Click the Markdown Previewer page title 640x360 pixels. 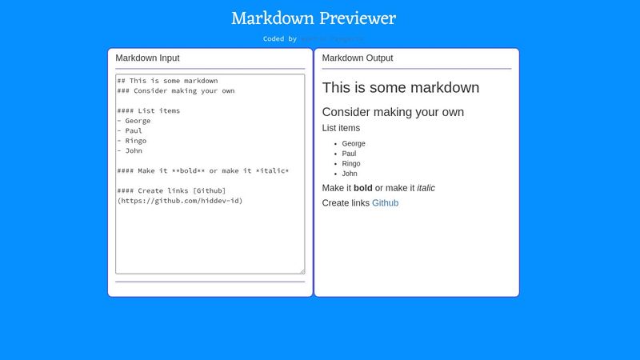[314, 18]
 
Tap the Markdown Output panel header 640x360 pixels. [357, 58]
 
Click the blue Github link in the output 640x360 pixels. [385, 203]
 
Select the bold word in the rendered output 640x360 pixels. [363, 188]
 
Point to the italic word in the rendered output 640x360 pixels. [426, 188]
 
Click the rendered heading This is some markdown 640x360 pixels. [400, 88]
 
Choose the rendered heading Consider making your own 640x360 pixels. [393, 113]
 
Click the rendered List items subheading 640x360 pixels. [341, 128]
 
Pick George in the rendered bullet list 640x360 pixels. [354, 144]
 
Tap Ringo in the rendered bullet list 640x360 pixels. [351, 164]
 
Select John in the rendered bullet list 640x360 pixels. [350, 174]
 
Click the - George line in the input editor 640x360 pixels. [134, 121]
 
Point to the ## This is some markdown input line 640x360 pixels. [167, 81]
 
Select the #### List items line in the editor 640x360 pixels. [149, 111]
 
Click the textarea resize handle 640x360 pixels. [302, 271]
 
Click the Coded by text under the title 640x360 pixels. [280, 38]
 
